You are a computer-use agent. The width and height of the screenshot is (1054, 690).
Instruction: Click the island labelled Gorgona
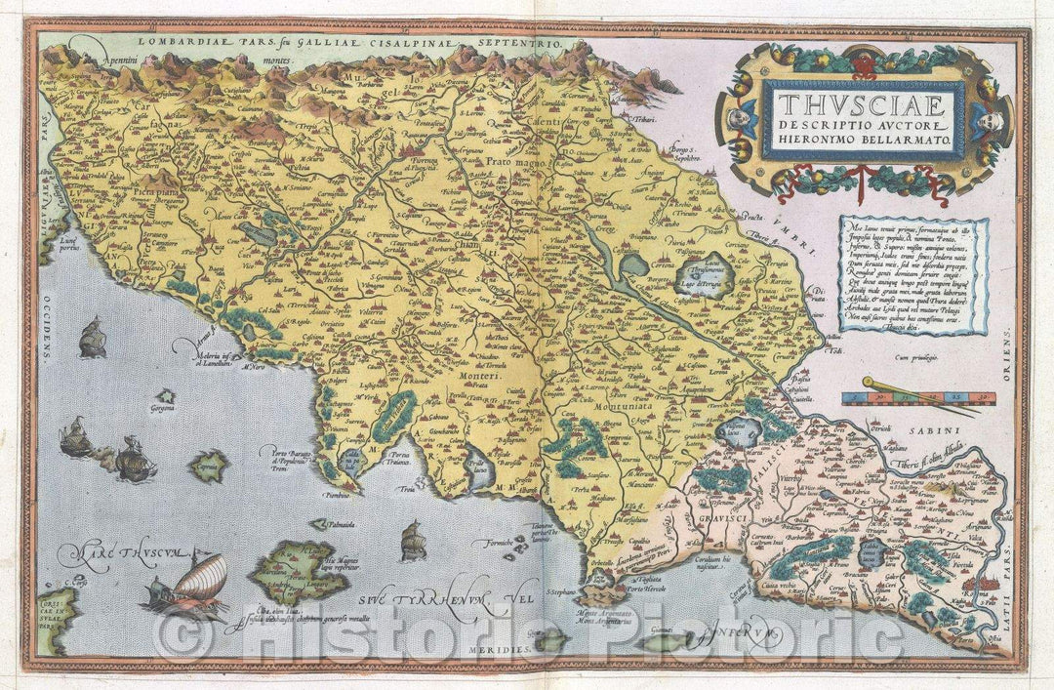tap(166, 396)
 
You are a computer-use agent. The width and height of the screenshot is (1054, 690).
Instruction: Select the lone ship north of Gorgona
tap(92, 338)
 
